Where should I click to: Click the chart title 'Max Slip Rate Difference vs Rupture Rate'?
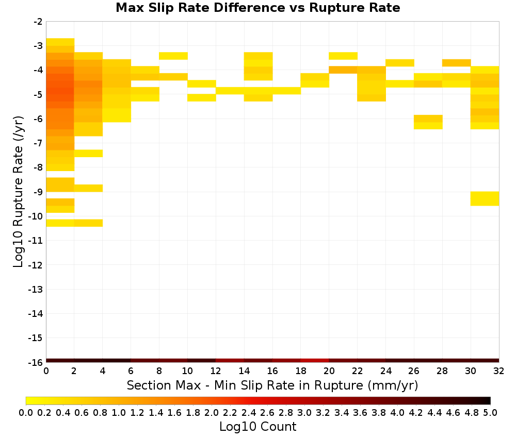pyautogui.click(x=257, y=8)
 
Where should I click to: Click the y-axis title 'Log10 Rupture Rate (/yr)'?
pyautogui.click(x=18, y=192)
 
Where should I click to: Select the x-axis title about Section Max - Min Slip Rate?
pyautogui.click(x=272, y=385)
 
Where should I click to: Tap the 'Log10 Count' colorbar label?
pyautogui.click(x=257, y=427)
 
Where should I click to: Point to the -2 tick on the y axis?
pyautogui.click(x=38, y=22)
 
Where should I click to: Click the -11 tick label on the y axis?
pyautogui.click(x=36, y=241)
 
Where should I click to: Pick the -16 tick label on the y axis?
pyautogui.click(x=36, y=362)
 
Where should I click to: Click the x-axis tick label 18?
pyautogui.click(x=300, y=371)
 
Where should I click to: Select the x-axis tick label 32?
pyautogui.click(x=498, y=371)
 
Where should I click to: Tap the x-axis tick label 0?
pyautogui.click(x=46, y=371)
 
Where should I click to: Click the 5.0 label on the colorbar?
pyautogui.click(x=490, y=412)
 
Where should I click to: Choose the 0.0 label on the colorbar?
pyautogui.click(x=26, y=412)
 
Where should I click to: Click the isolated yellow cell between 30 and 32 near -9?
pyautogui.click(x=485, y=198)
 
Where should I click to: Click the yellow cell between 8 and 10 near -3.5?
pyautogui.click(x=173, y=56)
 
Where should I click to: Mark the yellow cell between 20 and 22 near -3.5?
pyautogui.click(x=343, y=56)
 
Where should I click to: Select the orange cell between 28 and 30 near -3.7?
pyautogui.click(x=457, y=63)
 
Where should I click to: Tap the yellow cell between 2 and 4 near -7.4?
pyautogui.click(x=89, y=154)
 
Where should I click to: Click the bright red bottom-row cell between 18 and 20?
pyautogui.click(x=315, y=361)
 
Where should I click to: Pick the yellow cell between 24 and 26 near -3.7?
pyautogui.click(x=400, y=63)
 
